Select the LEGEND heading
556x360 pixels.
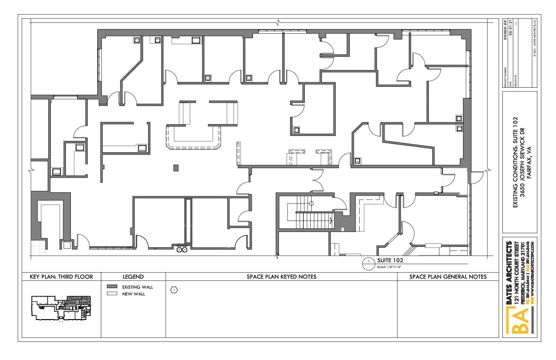133,276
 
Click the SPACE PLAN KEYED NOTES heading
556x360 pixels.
281,276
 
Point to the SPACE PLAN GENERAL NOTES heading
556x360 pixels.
448,276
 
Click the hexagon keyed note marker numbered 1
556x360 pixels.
174,289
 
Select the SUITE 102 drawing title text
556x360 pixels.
390,260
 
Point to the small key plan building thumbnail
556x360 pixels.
61,307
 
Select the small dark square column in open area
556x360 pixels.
176,168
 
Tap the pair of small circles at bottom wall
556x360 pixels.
182,250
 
